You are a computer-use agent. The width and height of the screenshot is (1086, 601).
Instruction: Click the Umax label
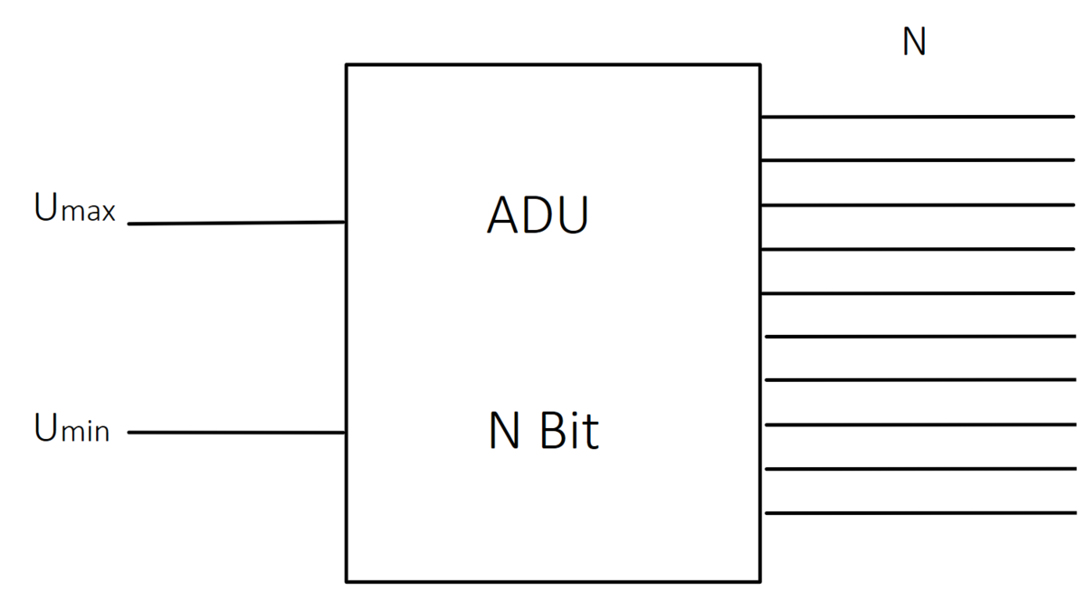pyautogui.click(x=75, y=208)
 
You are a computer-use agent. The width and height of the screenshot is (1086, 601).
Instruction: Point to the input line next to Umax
pyautogui.click(x=236, y=223)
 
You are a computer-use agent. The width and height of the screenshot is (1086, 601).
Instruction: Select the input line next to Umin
pyautogui.click(x=236, y=433)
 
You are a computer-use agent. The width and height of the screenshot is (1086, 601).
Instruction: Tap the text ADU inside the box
pyautogui.click(x=538, y=216)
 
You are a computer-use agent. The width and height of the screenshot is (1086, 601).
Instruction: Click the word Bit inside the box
pyautogui.click(x=570, y=432)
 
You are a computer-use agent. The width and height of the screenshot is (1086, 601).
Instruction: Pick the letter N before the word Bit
pyautogui.click(x=505, y=433)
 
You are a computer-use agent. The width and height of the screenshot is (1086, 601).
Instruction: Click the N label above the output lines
pyautogui.click(x=914, y=43)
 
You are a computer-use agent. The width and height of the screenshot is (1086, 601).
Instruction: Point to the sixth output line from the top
pyautogui.click(x=919, y=336)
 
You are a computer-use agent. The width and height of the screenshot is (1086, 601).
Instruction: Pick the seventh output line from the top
pyautogui.click(x=919, y=379)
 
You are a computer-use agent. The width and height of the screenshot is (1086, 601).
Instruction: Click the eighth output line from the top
pyautogui.click(x=919, y=424)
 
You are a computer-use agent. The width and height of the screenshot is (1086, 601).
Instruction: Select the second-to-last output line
pyautogui.click(x=919, y=469)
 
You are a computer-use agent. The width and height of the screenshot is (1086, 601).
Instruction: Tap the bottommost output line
pyautogui.click(x=919, y=513)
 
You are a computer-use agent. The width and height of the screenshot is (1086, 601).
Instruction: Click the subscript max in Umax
pyautogui.click(x=90, y=214)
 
